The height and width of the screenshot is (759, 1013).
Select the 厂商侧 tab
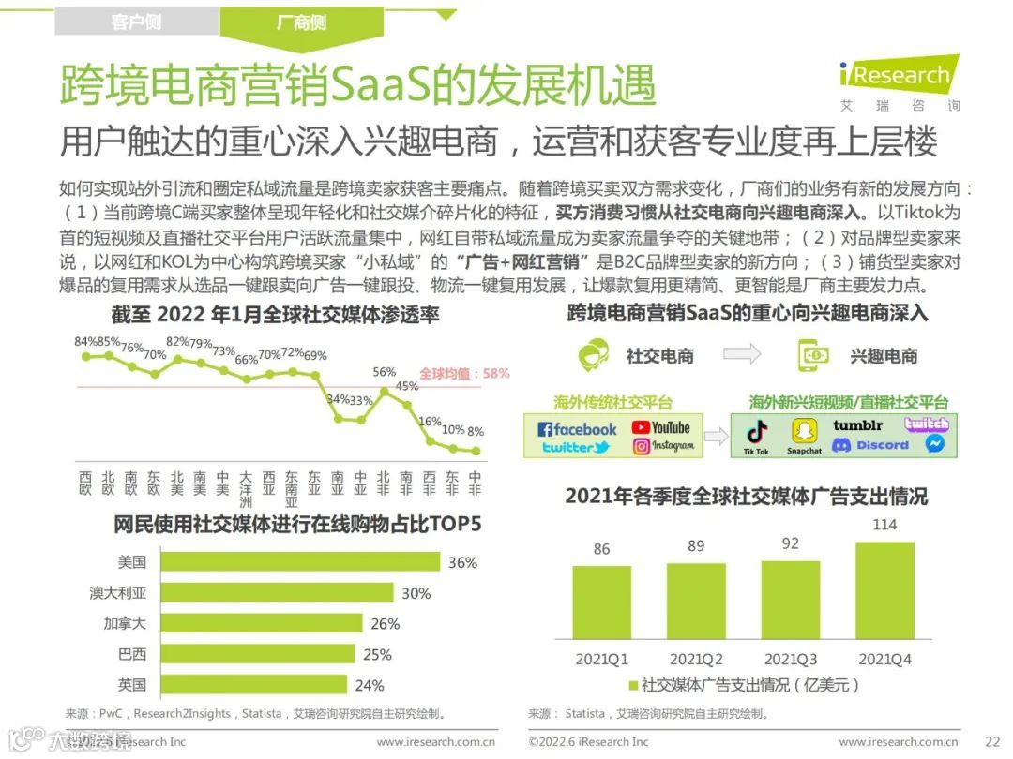[x=302, y=22]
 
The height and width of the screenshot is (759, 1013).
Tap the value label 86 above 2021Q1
[x=601, y=550]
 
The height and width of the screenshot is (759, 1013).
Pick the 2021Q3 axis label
[x=790, y=660]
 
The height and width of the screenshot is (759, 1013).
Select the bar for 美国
[x=300, y=562]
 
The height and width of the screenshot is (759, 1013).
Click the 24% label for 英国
[x=370, y=685]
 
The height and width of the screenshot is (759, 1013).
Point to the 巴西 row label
[x=131, y=654]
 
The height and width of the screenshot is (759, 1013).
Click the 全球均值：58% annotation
[x=464, y=373]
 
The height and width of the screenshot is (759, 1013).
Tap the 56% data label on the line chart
[x=385, y=372]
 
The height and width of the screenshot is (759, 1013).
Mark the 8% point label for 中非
[x=476, y=432]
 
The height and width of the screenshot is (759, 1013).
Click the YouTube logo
[x=660, y=427]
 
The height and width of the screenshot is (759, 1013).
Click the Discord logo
[x=870, y=446]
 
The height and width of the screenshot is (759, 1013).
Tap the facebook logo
[x=577, y=429]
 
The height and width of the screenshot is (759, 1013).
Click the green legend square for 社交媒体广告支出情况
[x=633, y=686]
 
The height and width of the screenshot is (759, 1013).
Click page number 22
[x=991, y=742]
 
